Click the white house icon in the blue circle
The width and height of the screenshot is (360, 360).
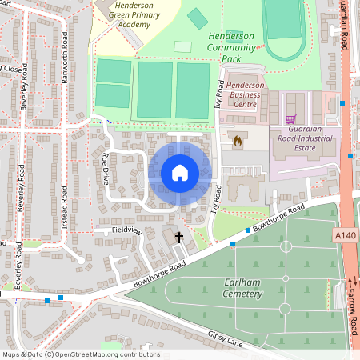click(179, 173)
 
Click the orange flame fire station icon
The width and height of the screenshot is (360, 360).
click(237, 140)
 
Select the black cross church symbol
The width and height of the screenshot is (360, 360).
click(178, 238)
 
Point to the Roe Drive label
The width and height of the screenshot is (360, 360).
click(104, 169)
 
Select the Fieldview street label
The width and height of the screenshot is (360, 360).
click(126, 230)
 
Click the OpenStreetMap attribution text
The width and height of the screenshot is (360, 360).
click(81, 354)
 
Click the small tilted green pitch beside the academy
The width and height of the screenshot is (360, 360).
click(197, 18)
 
